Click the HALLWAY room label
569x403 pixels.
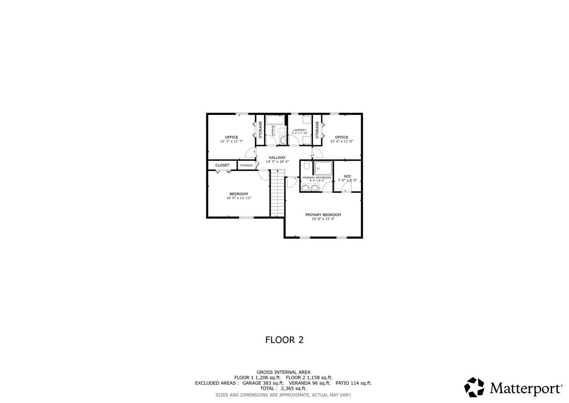[277, 157]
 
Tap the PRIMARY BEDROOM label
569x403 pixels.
[323, 215]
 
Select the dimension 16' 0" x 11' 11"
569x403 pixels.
[239, 198]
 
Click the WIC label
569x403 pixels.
[347, 176]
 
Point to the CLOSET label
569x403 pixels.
[222, 165]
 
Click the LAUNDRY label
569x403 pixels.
[300, 130]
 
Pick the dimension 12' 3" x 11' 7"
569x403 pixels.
[231, 141]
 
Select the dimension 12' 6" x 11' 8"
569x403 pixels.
[341, 141]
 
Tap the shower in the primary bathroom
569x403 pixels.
[323, 168]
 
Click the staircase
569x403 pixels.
[277, 195]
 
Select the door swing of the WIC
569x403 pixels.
[346, 187]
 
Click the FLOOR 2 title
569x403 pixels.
[284, 340]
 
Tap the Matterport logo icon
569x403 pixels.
[474, 387]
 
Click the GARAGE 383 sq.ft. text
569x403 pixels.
[263, 383]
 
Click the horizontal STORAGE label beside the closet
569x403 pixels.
[246, 165]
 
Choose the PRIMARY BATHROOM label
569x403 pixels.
[317, 178]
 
